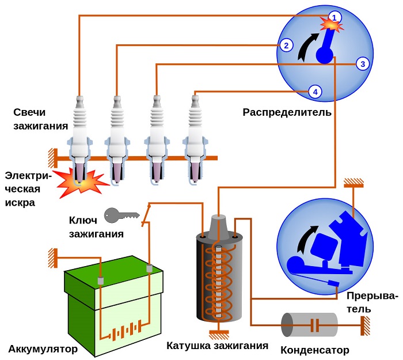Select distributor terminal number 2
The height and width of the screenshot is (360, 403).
286,44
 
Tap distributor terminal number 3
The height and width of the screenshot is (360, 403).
362,64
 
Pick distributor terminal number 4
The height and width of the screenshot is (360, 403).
314,91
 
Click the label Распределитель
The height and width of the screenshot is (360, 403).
287,112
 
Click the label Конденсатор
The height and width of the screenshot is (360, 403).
314,350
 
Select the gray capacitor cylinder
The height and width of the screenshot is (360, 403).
309,325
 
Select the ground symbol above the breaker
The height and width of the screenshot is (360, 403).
353,183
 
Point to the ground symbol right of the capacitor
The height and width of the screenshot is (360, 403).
366,325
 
